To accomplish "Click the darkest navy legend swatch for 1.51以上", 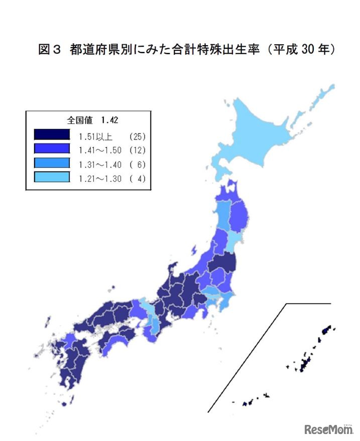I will (x=52, y=135).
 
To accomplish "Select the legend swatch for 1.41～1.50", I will (x=52, y=149).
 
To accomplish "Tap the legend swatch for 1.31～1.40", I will (x=52, y=163).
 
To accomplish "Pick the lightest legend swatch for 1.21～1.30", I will (x=52, y=177).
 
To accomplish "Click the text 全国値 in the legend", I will (x=80, y=120).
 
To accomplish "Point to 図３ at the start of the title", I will (x=50, y=50).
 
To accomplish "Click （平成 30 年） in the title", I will (x=301, y=50).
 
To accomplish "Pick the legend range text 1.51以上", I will (x=96, y=136).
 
